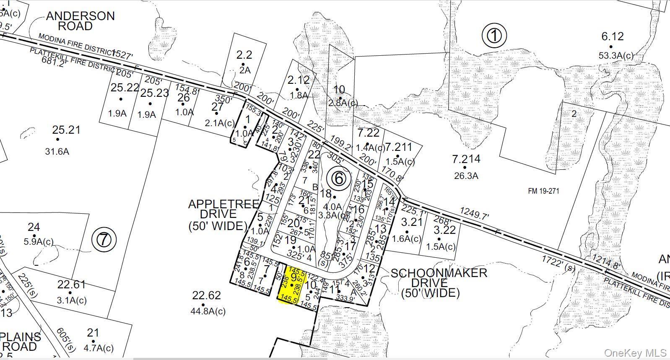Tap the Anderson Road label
tap(80, 21)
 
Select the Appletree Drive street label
tap(218, 215)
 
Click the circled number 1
tap(494, 36)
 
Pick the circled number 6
tap(339, 179)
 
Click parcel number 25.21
tap(66, 130)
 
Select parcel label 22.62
tap(206, 295)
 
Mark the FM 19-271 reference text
tap(543, 191)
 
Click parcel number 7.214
tap(466, 159)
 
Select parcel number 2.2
tap(244, 55)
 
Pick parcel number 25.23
tap(154, 93)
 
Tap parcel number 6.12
tap(613, 37)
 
